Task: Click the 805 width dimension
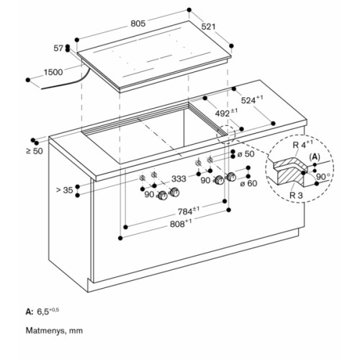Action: click(138, 24)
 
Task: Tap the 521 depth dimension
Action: click(209, 27)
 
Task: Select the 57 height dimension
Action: click(58, 48)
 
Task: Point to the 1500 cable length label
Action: click(53, 72)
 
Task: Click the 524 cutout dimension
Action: click(252, 100)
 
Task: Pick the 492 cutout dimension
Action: click(226, 112)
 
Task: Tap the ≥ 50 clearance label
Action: click(35, 151)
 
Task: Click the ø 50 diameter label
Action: click(246, 154)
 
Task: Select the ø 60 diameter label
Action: click(248, 184)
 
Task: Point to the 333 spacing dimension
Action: click(179, 179)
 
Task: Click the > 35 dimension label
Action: click(64, 190)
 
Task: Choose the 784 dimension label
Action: click(189, 211)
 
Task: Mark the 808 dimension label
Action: click(181, 223)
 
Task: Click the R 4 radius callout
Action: click(303, 144)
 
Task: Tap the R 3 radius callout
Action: click(296, 195)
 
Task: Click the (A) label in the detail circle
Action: click(315, 157)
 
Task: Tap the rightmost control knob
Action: click(232, 177)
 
